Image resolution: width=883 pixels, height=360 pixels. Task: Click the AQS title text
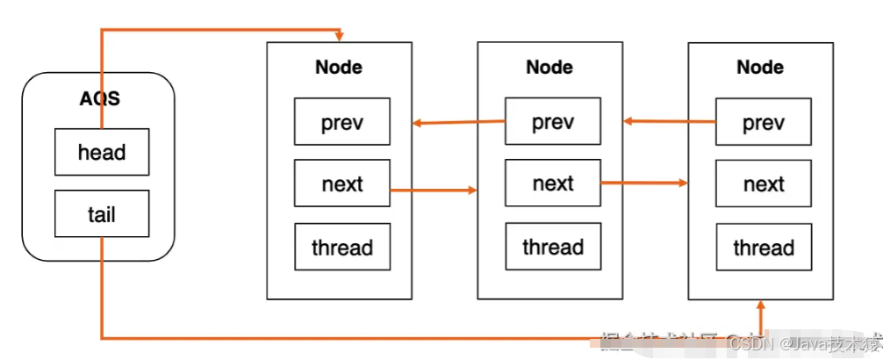coord(99,98)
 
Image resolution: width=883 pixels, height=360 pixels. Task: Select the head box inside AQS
coord(102,153)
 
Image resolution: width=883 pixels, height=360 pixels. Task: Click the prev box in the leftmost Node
coord(341,123)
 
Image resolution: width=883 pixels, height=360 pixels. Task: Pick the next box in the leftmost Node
coord(341,184)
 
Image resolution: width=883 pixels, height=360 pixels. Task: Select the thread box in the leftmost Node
coord(341,248)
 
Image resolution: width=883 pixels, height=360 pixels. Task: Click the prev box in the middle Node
coord(553,122)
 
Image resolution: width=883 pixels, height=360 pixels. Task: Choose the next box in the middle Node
coord(553,184)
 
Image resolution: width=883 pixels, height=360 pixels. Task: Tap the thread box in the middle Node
coord(553,247)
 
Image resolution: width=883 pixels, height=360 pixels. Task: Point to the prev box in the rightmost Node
coord(764,123)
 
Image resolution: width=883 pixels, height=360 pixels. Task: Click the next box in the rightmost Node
coord(764,184)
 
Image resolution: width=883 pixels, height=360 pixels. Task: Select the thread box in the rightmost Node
coord(764,248)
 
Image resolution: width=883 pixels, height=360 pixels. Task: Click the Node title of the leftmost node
coord(339,67)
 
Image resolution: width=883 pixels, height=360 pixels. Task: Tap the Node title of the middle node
coord(549,67)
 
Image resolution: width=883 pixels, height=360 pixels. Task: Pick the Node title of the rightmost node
coord(760,67)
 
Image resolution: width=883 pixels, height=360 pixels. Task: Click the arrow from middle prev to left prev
coord(458,122)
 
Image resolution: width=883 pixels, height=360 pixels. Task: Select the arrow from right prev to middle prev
coord(669,122)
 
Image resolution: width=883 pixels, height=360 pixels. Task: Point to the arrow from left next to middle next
coord(433,189)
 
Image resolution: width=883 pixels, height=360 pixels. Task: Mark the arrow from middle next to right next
coord(643,184)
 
